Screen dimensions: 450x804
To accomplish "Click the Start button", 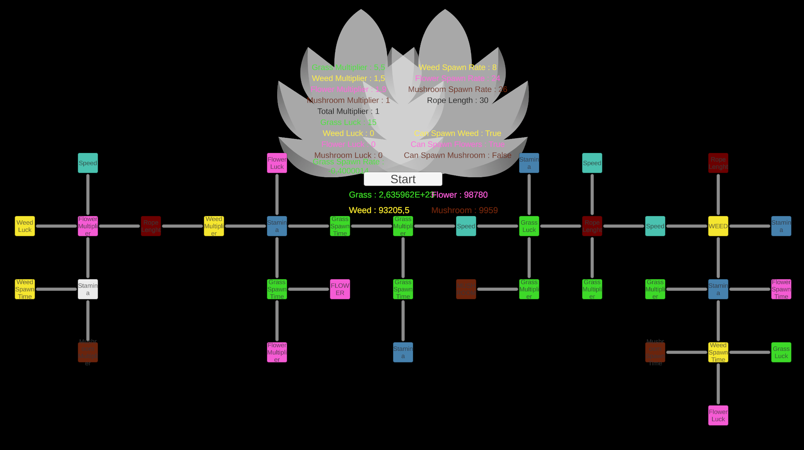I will coord(403,179).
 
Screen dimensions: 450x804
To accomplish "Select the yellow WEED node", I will coord(718,226).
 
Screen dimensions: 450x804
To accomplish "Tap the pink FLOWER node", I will coord(340,289).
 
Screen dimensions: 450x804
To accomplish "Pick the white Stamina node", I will coord(88,289).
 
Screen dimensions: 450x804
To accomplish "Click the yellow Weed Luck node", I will coord(25,226).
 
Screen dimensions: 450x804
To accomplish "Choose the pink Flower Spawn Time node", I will coord(781,289).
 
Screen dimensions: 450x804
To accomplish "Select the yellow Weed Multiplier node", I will coord(214,226).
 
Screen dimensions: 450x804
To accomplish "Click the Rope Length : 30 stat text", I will coord(457,100).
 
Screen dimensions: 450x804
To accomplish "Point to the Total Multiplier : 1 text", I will coord(348,111).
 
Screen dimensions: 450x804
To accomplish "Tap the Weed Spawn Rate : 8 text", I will coord(457,67).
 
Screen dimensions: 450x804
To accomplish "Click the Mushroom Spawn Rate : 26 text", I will coord(457,89).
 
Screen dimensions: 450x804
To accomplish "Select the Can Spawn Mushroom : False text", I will coord(457,155).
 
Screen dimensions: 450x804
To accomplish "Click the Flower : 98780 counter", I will coord(460,195).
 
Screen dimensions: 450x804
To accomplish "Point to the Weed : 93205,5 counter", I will coord(379,210).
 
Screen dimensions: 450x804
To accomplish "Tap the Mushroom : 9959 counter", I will coord(464,210).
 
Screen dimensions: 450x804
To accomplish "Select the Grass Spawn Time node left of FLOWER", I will coord(277,289).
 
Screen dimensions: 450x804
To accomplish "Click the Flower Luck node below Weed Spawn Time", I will coord(718,415).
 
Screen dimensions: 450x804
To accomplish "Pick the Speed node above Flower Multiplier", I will coord(88,163).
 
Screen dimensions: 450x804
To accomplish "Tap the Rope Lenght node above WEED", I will coord(718,163).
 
